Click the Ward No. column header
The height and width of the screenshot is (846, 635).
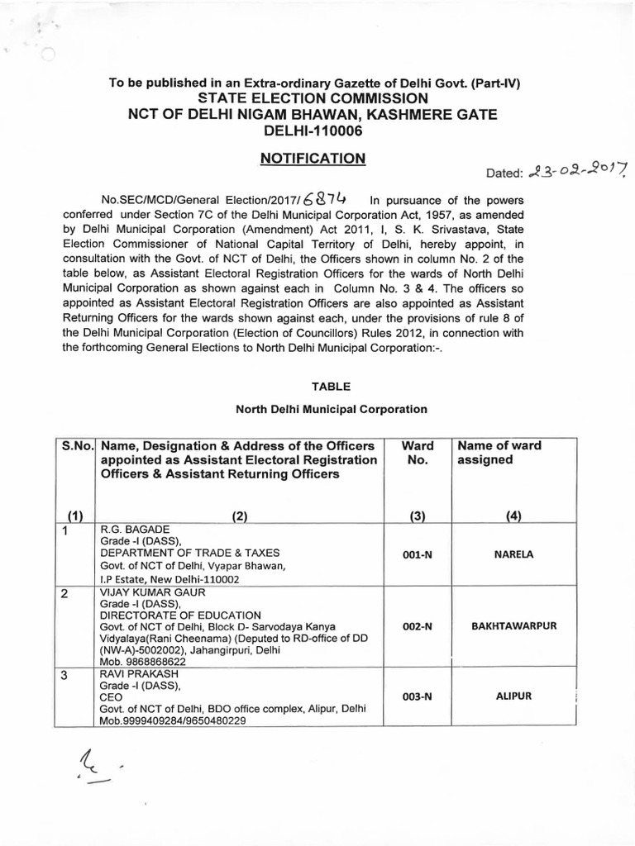418,453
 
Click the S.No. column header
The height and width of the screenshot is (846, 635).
76,446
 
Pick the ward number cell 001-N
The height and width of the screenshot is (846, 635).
418,554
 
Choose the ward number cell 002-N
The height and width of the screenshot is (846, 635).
418,627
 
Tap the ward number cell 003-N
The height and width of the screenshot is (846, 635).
418,697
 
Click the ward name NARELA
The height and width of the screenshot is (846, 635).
513,554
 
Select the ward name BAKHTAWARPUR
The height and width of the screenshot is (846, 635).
513,626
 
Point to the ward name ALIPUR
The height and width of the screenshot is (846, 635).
513,696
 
